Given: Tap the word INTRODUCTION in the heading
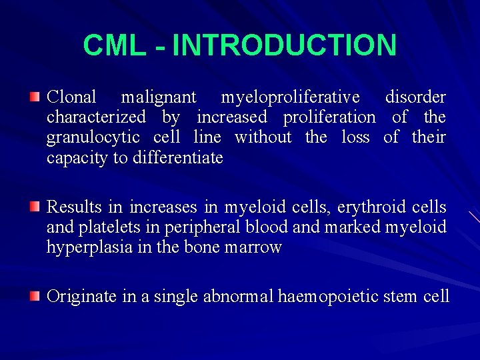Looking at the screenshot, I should coord(284,46).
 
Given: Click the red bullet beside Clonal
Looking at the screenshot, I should coord(35,98).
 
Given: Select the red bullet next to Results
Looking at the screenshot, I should coord(35,208).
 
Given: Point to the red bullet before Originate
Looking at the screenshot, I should coord(35,296).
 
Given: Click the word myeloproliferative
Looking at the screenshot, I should coord(290,98).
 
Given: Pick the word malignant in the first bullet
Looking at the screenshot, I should coord(158,98).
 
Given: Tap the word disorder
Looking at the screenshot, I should coord(415,98).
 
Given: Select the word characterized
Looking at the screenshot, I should coord(96,118).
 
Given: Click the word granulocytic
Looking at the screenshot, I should coord(93,138).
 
